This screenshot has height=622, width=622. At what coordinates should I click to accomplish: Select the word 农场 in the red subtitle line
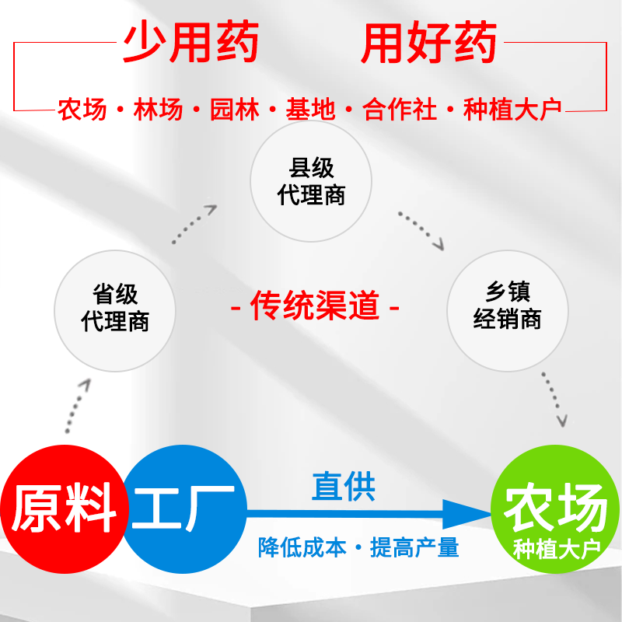click(82, 110)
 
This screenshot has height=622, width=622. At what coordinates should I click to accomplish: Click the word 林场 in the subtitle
click(158, 110)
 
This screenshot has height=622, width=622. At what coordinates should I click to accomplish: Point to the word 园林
click(234, 110)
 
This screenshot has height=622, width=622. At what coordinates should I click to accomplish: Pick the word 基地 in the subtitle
click(310, 110)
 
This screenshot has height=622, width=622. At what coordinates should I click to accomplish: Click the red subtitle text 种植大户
click(512, 110)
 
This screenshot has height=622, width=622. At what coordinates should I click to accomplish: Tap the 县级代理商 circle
click(311, 181)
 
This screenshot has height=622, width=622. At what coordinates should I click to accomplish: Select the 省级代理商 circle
click(115, 309)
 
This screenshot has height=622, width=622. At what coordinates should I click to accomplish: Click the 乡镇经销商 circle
click(507, 306)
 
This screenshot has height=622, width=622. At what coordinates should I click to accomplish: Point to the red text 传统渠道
click(315, 306)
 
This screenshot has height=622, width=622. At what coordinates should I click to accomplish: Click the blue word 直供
click(343, 487)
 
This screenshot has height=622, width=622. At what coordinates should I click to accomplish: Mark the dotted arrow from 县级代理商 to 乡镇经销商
click(421, 229)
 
